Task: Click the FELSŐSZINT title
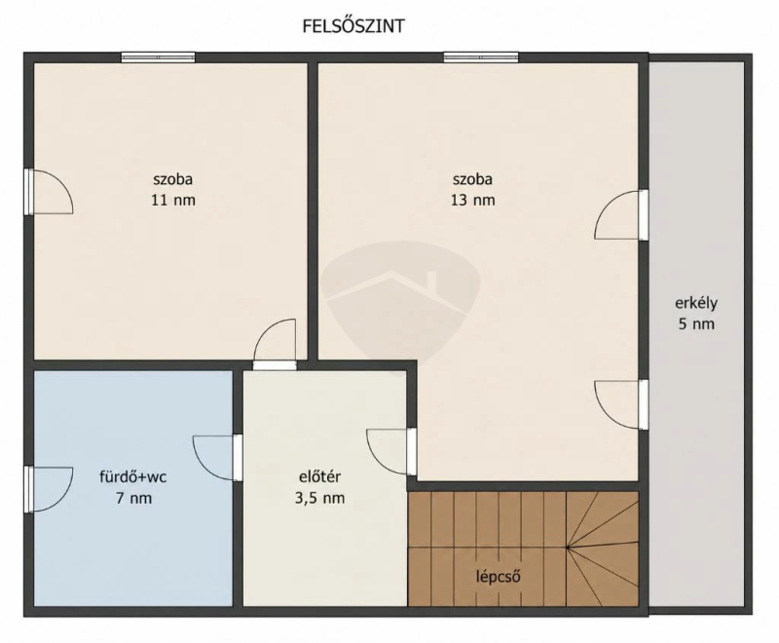(x=353, y=26)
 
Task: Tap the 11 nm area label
(x=173, y=201)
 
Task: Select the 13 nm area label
(x=472, y=201)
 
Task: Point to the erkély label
(x=696, y=303)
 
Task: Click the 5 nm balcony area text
(x=696, y=324)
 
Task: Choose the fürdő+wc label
(x=133, y=477)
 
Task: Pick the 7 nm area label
(x=133, y=498)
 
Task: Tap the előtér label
(x=319, y=476)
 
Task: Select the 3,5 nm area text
(x=320, y=498)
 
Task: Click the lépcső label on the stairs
(x=499, y=577)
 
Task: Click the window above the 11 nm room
(x=159, y=57)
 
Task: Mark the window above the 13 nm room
(x=481, y=57)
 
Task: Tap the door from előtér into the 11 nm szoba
(x=275, y=344)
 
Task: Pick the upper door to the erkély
(x=622, y=214)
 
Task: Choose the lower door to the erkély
(x=622, y=404)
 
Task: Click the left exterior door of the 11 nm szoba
(x=50, y=192)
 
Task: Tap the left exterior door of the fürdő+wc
(x=50, y=489)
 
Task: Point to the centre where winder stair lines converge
(x=567, y=548)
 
